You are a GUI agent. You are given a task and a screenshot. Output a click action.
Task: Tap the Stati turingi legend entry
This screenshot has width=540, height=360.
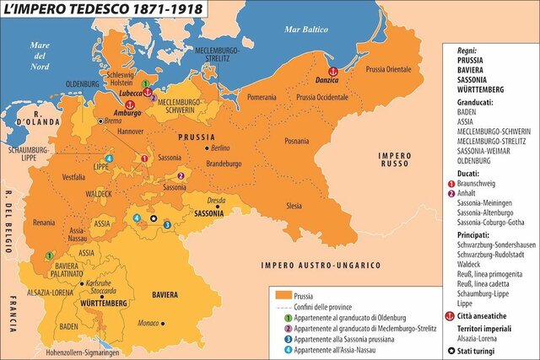pyautogui.click(x=491, y=350)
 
